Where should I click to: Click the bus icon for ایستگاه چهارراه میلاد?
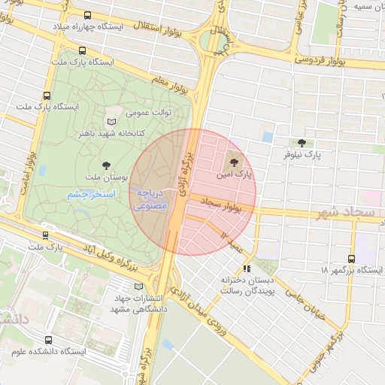point(89,15)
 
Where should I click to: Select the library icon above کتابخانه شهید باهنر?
point(112,121)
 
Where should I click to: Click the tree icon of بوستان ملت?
point(105,165)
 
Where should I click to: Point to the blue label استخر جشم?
point(90,195)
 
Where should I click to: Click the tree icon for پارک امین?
point(232,161)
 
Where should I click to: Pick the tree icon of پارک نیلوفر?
point(302,143)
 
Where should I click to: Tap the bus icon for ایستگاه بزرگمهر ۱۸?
point(351,258)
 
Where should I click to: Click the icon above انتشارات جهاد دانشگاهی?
point(137,286)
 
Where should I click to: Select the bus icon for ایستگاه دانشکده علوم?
point(49,340)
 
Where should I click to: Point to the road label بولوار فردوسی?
point(326,57)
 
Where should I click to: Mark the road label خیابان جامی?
point(308,308)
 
